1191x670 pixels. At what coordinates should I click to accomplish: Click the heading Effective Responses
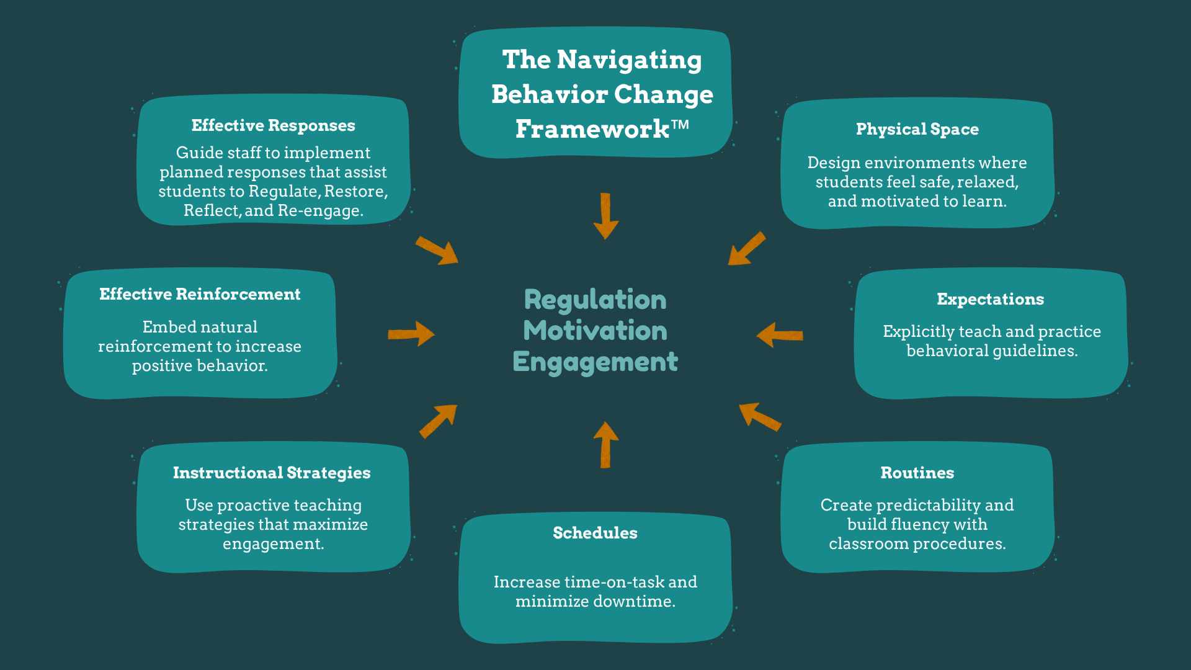point(273,126)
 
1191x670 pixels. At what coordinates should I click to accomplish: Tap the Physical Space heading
point(917,130)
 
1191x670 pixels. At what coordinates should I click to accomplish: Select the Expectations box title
point(990,300)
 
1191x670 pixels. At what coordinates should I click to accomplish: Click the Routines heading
point(917,473)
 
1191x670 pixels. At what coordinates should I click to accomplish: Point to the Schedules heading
point(595,534)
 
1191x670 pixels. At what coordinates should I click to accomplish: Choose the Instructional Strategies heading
point(272,473)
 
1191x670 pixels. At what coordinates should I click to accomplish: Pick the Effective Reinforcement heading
point(200,295)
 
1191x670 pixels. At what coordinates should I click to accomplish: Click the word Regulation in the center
point(595,300)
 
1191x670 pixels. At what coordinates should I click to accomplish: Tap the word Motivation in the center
point(595,331)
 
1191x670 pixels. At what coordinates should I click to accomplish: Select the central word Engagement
point(595,362)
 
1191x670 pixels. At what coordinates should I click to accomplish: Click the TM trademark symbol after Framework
point(680,124)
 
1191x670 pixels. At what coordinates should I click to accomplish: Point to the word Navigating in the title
point(629,60)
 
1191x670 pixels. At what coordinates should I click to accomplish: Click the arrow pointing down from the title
point(605,216)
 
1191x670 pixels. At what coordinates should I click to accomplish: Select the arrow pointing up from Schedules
point(605,444)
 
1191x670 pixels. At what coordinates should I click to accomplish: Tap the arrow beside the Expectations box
point(780,335)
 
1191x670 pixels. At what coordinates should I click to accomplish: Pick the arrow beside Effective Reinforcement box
point(411,334)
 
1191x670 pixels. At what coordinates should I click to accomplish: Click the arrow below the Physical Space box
point(746,249)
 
